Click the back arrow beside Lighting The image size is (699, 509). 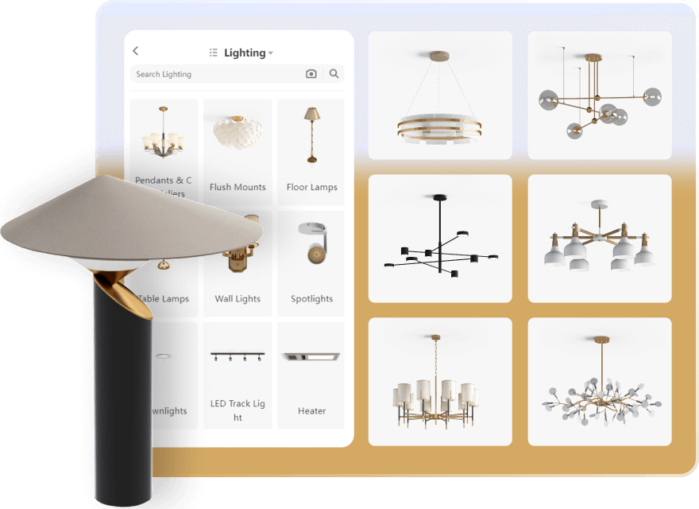[x=136, y=51]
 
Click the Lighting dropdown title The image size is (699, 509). [x=245, y=52]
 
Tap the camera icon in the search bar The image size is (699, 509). [x=311, y=74]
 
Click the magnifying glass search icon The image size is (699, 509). [x=334, y=74]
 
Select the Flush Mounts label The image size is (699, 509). [x=238, y=187]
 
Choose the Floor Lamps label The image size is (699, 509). [x=311, y=187]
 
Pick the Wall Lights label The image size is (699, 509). [x=238, y=299]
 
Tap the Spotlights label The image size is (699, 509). [x=311, y=299]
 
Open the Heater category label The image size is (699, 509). [x=311, y=411]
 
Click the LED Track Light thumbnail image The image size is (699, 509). [x=238, y=356]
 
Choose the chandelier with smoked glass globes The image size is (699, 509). [x=600, y=99]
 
